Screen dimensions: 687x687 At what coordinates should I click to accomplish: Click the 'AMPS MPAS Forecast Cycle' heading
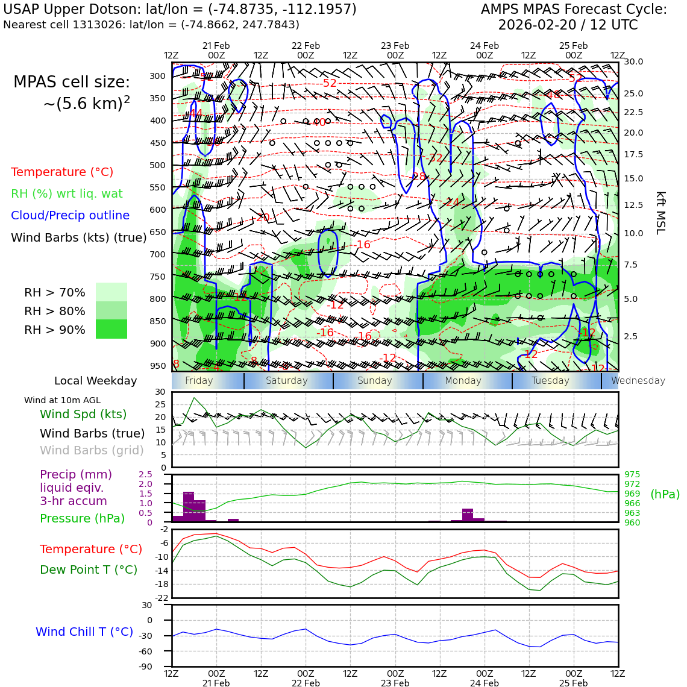point(574,10)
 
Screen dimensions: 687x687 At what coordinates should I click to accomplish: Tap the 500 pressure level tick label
point(157,165)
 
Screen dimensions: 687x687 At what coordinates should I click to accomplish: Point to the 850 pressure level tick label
point(157,321)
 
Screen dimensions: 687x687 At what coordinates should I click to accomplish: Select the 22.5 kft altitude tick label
point(633,112)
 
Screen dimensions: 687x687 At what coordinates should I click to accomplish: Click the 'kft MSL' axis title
point(660,213)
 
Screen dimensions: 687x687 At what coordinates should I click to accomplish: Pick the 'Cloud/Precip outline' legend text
point(70,215)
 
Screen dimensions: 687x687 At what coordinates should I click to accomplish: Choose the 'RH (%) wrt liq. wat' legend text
point(66,193)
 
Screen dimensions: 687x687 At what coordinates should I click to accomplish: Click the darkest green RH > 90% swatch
point(111,330)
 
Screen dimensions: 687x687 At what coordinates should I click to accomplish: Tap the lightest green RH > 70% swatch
point(111,292)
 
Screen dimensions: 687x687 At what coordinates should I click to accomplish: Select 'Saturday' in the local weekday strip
point(287,381)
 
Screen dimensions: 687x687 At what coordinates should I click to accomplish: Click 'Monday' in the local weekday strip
point(463,381)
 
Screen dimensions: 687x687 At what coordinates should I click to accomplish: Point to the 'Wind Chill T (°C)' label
point(84,632)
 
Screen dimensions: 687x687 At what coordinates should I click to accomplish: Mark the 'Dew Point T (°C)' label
point(89,569)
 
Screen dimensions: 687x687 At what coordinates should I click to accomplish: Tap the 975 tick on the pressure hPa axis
point(632,474)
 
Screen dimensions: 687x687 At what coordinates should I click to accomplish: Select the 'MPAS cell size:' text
point(72,82)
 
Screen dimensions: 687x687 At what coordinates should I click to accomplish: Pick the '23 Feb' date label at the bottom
point(395,683)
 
